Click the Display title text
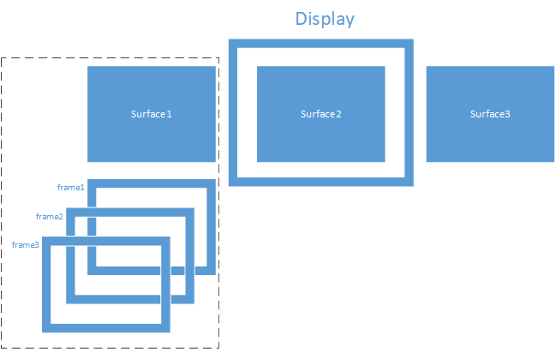[x=325, y=18]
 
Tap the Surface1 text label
[x=152, y=114]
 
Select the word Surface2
[x=321, y=114]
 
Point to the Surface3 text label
[x=490, y=114]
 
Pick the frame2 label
[x=50, y=217]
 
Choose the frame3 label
[x=26, y=245]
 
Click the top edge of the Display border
[x=321, y=43]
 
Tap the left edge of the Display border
[x=233, y=112]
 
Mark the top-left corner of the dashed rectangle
[x=2, y=58]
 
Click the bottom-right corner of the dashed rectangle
[x=219, y=349]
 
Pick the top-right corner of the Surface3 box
[x=553, y=66]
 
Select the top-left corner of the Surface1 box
[x=88, y=66]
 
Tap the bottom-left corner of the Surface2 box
[x=258, y=161]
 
